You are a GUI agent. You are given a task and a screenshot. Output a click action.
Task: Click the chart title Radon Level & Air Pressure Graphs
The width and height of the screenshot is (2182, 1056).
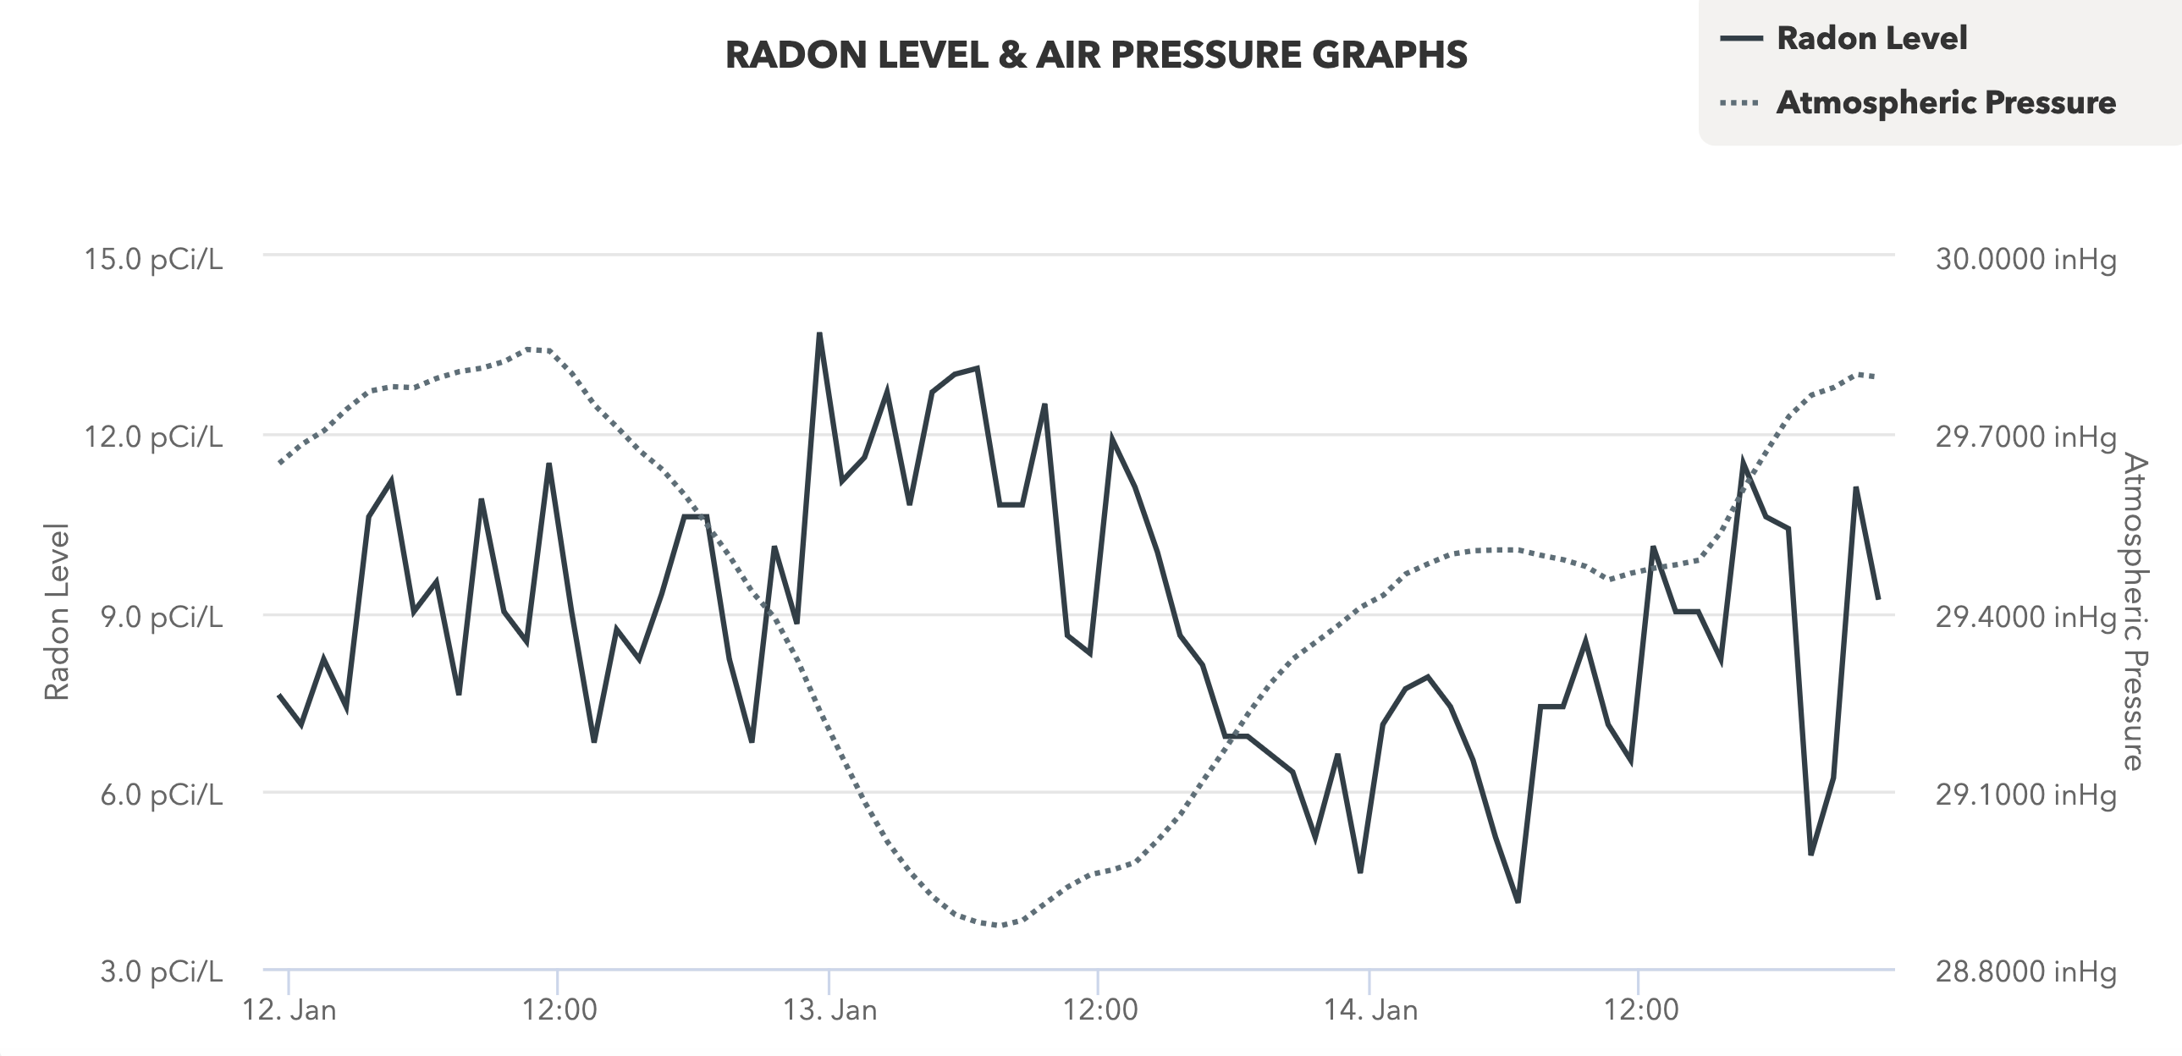[x=1096, y=55]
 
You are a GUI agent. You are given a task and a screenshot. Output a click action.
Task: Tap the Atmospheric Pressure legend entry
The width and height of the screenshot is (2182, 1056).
[x=1945, y=103]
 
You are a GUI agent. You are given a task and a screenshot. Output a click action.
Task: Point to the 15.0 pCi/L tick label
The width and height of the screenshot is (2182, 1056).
[x=153, y=259]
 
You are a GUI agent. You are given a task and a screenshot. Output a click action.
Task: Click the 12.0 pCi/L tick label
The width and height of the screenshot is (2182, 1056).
[x=153, y=437]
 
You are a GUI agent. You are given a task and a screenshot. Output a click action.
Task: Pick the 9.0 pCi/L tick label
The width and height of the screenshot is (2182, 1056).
[x=161, y=617]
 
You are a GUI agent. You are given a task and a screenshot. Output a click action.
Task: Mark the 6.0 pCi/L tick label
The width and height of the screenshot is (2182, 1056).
[x=161, y=795]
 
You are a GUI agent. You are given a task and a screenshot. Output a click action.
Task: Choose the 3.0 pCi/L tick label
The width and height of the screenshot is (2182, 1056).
[x=161, y=971]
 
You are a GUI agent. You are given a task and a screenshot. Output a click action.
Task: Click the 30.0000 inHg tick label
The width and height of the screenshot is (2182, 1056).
[x=2025, y=259]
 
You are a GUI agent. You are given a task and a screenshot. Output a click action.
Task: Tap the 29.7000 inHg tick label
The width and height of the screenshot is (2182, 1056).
[x=2025, y=437]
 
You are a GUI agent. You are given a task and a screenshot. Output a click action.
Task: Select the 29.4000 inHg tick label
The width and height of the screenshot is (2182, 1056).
[x=2025, y=617]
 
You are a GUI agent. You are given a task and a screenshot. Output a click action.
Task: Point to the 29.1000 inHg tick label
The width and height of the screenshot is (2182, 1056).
[x=2025, y=795]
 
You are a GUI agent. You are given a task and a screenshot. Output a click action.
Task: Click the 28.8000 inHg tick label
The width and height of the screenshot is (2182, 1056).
[x=2025, y=971]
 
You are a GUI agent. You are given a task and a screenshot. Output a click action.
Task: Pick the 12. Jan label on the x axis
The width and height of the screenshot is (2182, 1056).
[x=289, y=1010]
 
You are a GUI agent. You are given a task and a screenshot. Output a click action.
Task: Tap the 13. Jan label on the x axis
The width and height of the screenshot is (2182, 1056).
[x=829, y=1010]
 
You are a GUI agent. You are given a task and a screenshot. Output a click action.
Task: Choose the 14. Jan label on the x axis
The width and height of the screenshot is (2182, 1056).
[x=1370, y=1010]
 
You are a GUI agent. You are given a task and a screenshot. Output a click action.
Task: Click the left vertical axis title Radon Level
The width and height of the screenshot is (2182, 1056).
[x=57, y=612]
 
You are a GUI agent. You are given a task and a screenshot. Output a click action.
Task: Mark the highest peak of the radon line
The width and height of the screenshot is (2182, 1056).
[x=819, y=334]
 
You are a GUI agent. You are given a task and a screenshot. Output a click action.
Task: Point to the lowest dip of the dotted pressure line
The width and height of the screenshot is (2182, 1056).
[x=1000, y=925]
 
